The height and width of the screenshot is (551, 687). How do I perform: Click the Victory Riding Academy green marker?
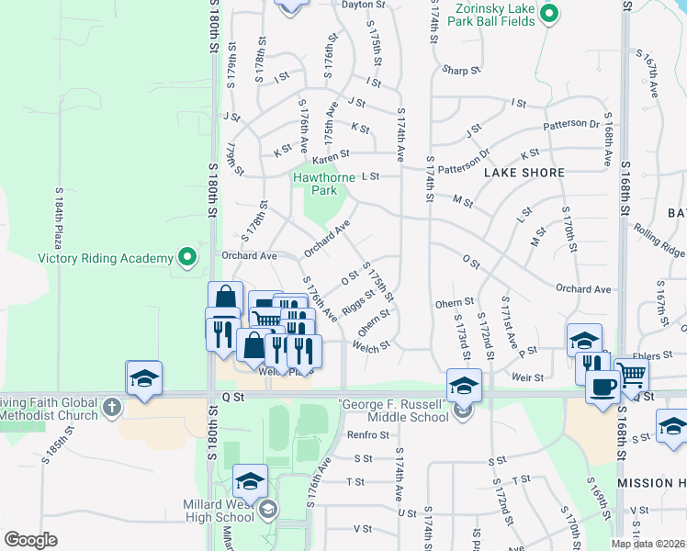(188, 256)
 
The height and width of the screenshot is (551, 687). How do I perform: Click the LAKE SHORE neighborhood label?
(524, 172)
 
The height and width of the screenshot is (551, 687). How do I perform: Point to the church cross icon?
(111, 407)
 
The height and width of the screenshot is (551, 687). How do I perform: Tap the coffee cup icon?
(602, 386)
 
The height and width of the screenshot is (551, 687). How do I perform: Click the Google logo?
(30, 540)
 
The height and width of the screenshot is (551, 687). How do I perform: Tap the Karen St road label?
(332, 154)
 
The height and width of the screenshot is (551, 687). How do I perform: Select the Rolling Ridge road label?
(659, 242)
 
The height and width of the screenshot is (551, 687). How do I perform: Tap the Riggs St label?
(357, 302)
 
